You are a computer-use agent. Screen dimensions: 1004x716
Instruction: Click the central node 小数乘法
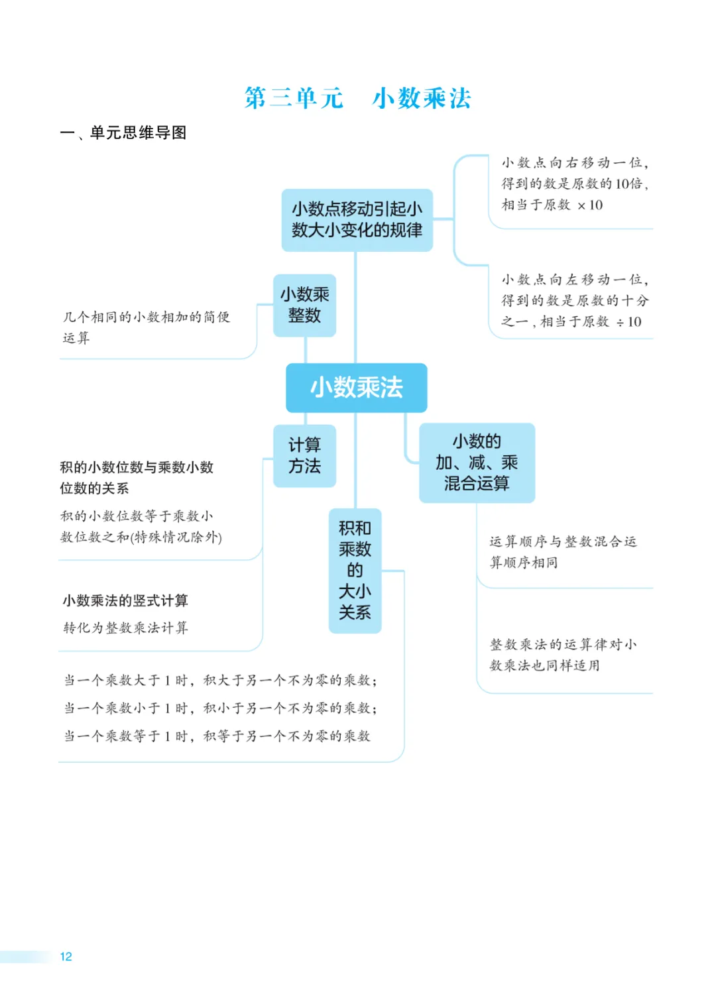click(x=356, y=388)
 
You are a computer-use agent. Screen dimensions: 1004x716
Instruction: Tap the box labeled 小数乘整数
click(x=304, y=305)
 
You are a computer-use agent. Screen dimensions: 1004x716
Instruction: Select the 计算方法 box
click(x=304, y=455)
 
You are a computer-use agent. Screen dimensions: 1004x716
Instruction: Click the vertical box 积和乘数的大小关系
click(x=355, y=570)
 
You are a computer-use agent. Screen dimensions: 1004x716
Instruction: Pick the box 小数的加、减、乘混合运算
click(x=477, y=463)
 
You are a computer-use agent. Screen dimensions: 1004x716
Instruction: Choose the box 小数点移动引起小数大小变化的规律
click(x=357, y=219)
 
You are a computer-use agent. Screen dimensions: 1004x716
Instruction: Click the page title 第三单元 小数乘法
click(x=357, y=98)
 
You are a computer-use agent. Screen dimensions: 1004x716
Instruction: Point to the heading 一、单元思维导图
click(x=123, y=133)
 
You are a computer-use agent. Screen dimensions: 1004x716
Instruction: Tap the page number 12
click(x=66, y=956)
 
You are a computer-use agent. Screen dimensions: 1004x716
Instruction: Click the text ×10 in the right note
click(x=590, y=205)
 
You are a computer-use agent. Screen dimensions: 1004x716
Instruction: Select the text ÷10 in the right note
click(x=628, y=322)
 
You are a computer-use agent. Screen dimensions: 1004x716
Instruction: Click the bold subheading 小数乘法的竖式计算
click(x=125, y=600)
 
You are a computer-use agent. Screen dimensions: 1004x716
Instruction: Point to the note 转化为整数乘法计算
click(x=125, y=628)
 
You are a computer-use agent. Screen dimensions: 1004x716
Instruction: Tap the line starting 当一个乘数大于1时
click(x=220, y=680)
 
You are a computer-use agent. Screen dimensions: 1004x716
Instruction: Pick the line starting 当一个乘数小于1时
click(x=220, y=708)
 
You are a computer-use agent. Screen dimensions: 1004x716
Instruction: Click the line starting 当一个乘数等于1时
click(x=217, y=736)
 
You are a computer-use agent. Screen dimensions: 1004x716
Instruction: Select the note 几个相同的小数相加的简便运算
click(x=146, y=327)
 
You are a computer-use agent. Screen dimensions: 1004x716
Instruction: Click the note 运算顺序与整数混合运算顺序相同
click(x=562, y=551)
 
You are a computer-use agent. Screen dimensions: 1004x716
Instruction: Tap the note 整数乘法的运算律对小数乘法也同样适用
click(x=562, y=655)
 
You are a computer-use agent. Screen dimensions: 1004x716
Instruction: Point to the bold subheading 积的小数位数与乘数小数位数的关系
click(x=137, y=477)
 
